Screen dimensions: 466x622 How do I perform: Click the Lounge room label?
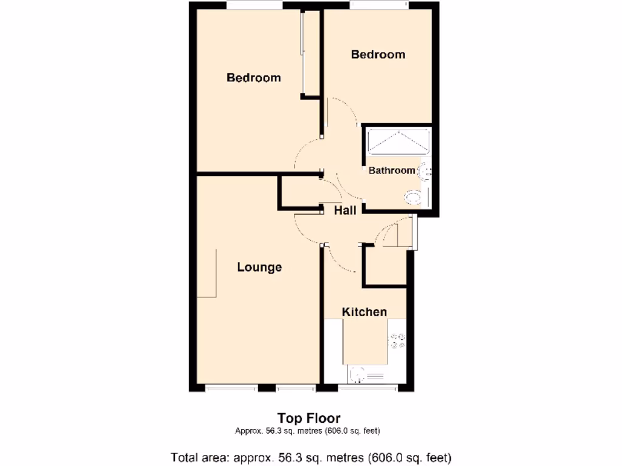pos(259,267)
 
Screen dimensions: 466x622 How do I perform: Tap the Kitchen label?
pos(364,312)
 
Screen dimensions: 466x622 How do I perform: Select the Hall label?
pos(345,211)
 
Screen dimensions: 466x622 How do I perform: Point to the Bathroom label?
pos(392,171)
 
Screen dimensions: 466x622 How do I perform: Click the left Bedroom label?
pos(253,78)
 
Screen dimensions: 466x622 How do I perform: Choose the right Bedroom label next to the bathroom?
pos(378,55)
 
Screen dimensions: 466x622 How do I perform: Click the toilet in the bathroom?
pos(414,197)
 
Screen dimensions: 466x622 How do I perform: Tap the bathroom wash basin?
pos(426,172)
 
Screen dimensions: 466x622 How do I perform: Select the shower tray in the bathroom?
pos(398,141)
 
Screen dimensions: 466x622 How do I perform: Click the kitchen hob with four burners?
pos(398,341)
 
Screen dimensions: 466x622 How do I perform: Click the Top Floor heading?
pos(309,418)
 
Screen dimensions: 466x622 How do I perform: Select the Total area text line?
pos(311,457)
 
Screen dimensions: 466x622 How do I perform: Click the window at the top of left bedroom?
pos(255,5)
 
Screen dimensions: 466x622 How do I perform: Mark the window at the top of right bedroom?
pos(378,5)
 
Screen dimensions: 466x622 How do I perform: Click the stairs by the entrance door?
pos(395,235)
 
